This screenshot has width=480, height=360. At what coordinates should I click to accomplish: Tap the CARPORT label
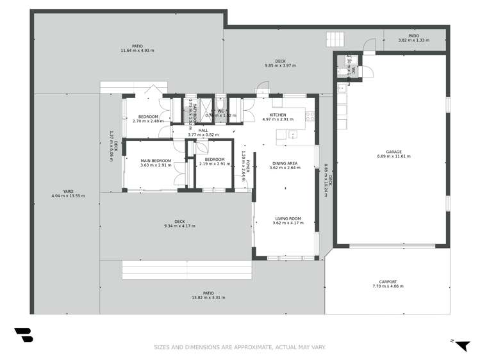click(388, 282)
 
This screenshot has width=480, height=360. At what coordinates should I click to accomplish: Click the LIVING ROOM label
click(286, 218)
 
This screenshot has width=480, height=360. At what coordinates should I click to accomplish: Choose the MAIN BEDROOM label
click(156, 160)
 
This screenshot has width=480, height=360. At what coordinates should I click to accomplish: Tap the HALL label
click(203, 131)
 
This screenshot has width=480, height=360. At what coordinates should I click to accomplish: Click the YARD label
click(68, 191)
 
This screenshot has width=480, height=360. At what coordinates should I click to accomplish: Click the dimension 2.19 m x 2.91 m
click(214, 165)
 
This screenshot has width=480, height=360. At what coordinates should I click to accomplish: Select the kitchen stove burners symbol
click(311, 117)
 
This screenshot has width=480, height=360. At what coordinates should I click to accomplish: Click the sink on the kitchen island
click(292, 135)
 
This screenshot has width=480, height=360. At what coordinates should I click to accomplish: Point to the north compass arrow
click(461, 345)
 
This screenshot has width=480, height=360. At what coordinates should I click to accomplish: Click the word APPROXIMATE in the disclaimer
click(246, 348)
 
